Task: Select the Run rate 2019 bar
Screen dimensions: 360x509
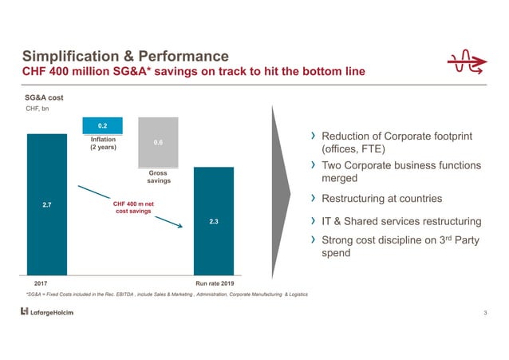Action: (214, 247)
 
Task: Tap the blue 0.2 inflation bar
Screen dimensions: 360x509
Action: (102, 125)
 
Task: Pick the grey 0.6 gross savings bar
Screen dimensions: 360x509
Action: (158, 142)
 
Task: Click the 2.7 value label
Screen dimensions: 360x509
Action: (46, 206)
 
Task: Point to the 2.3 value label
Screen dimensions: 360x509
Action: (214, 221)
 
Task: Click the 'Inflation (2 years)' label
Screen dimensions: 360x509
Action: (102, 144)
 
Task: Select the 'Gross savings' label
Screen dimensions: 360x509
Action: (158, 176)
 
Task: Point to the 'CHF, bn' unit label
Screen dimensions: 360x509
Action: (37, 109)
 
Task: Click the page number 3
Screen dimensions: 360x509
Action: (484, 311)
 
